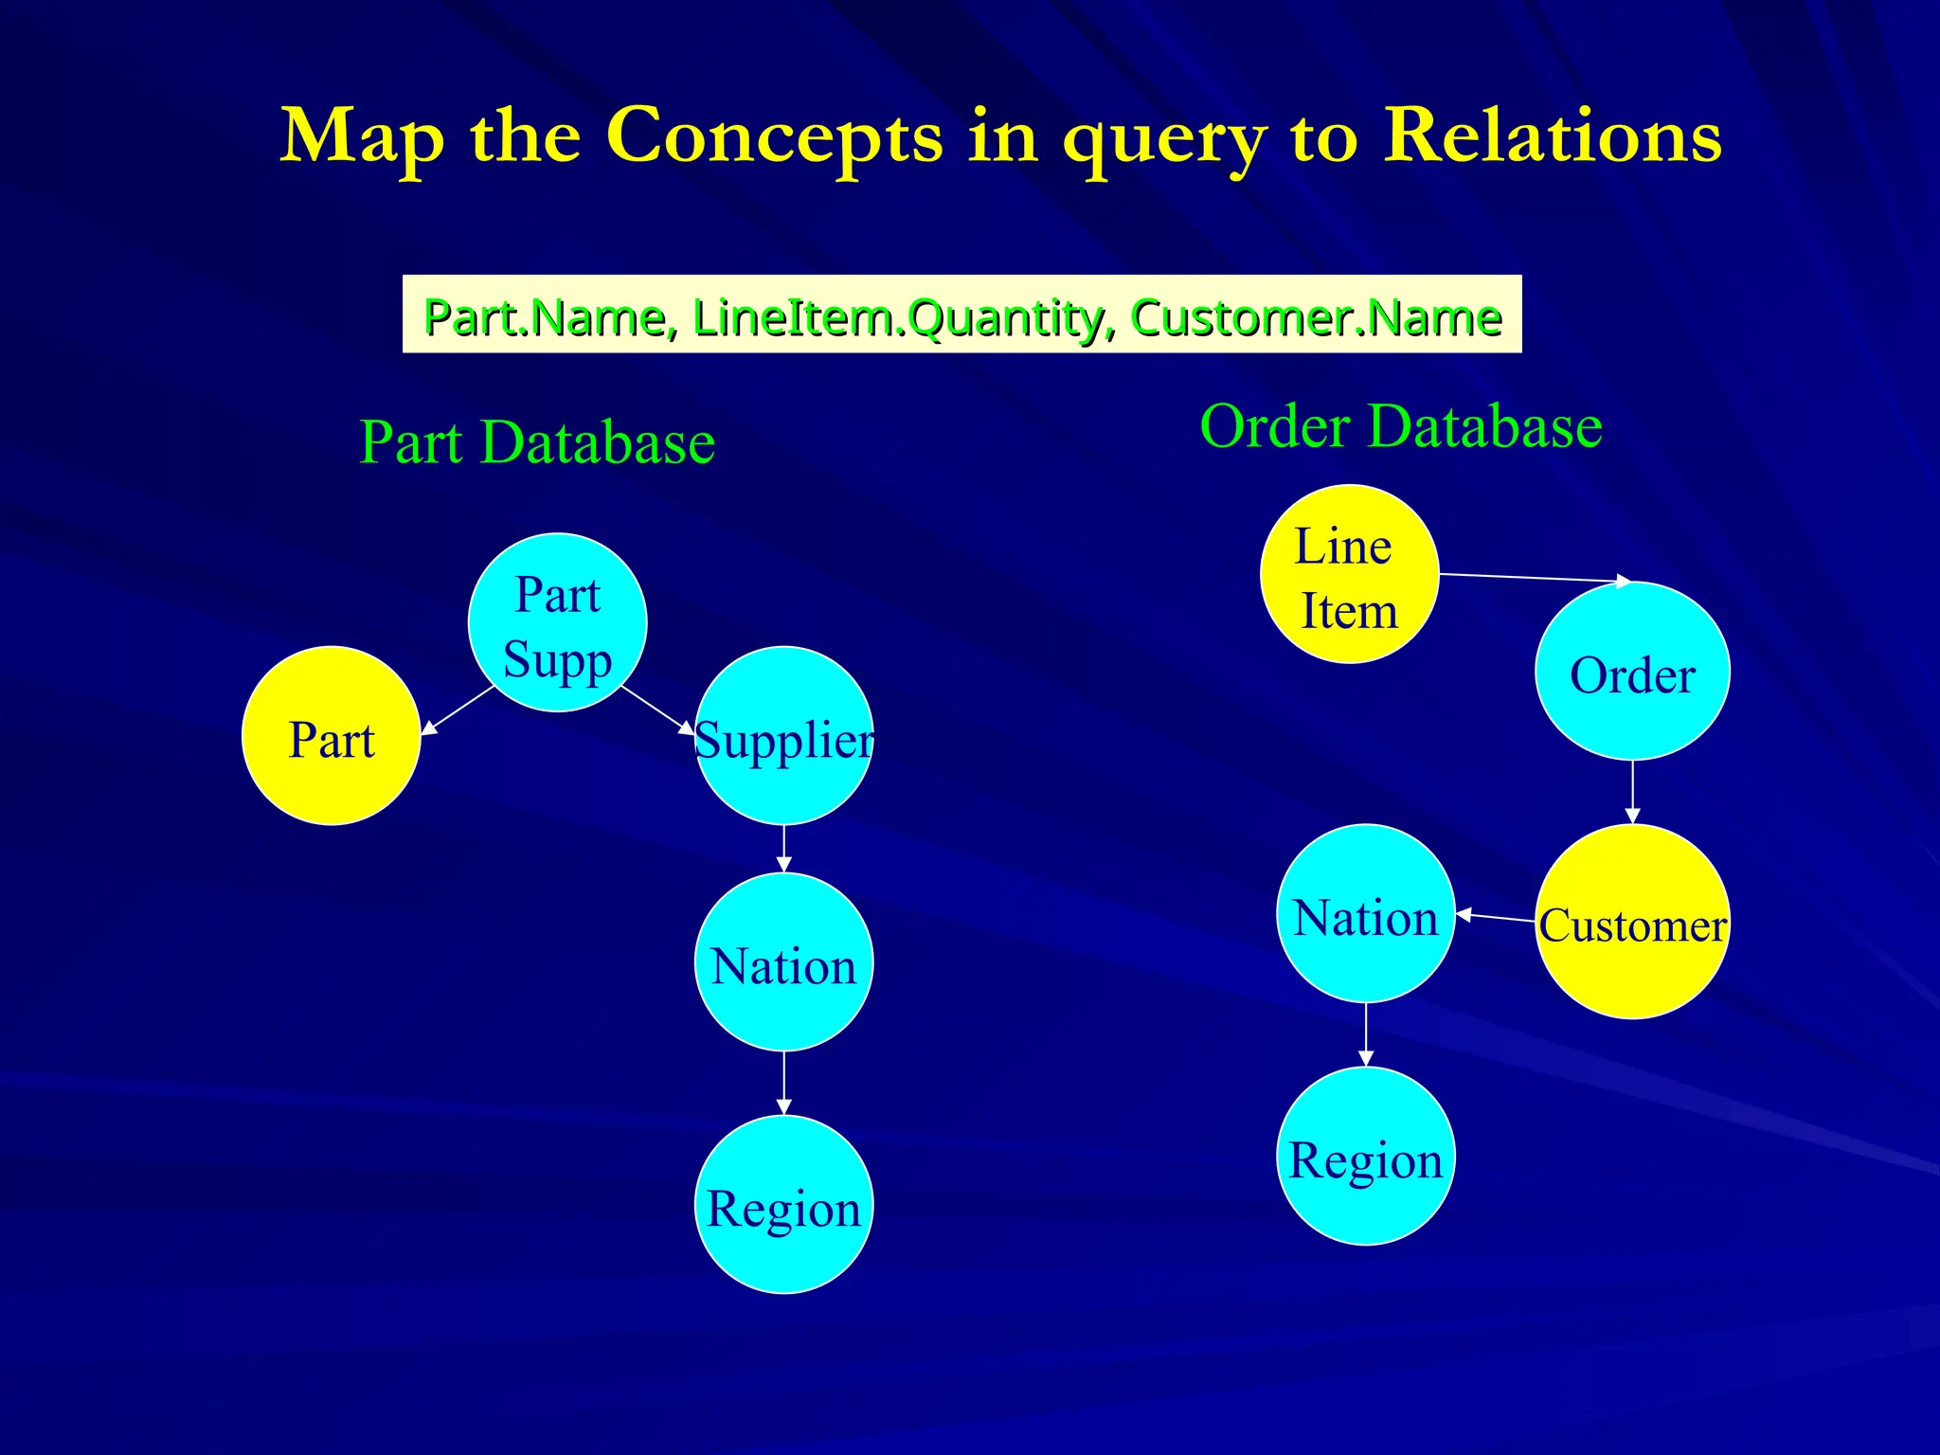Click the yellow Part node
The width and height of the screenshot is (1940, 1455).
click(x=331, y=736)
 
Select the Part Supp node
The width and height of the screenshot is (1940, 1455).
click(x=557, y=622)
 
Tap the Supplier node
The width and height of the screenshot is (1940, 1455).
click(x=783, y=736)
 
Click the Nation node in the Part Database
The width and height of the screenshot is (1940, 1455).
click(x=783, y=962)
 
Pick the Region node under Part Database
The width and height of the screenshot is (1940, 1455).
click(x=783, y=1205)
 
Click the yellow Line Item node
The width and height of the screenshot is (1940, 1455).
click(x=1349, y=574)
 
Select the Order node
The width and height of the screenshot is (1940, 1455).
click(x=1632, y=672)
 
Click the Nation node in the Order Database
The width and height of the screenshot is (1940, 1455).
click(x=1365, y=914)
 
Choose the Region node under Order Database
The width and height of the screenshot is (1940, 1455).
click(x=1365, y=1157)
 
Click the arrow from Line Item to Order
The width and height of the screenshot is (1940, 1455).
click(x=1535, y=578)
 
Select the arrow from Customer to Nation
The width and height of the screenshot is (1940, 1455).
click(x=1495, y=916)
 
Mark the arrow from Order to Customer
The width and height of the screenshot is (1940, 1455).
click(x=1632, y=792)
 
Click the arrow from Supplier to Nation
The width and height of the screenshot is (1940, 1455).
click(x=783, y=849)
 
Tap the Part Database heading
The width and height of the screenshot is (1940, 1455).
click(x=537, y=442)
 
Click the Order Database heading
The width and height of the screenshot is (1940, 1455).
click(x=1400, y=426)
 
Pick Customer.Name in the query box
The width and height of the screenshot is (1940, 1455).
click(x=1316, y=317)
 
